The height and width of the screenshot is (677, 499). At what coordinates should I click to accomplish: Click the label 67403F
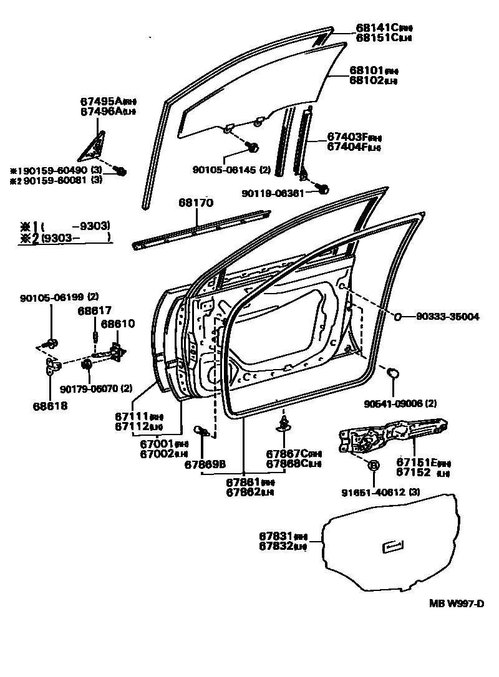tap(346, 137)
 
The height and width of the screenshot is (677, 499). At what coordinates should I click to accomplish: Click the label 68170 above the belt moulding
tap(196, 203)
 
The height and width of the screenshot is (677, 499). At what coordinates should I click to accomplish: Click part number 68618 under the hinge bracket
tap(50, 406)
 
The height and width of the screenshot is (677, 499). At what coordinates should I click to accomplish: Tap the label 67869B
tap(205, 464)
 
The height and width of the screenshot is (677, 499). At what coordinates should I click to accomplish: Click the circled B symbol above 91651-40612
tap(374, 465)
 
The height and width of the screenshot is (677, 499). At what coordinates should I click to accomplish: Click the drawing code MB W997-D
tap(456, 603)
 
